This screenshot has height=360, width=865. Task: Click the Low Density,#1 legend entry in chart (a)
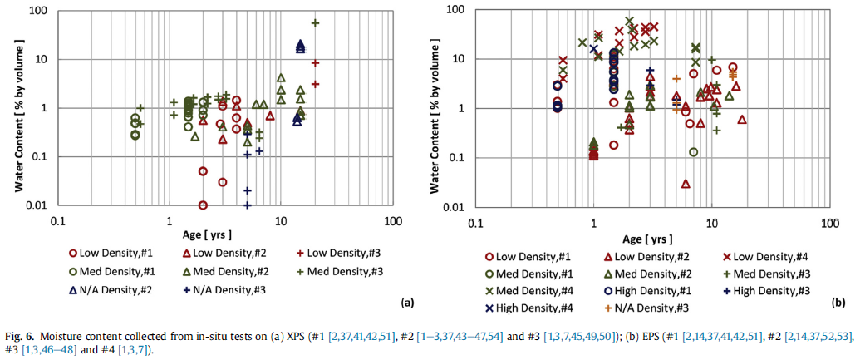(108, 253)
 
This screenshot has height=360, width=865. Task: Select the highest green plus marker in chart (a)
(315, 22)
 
